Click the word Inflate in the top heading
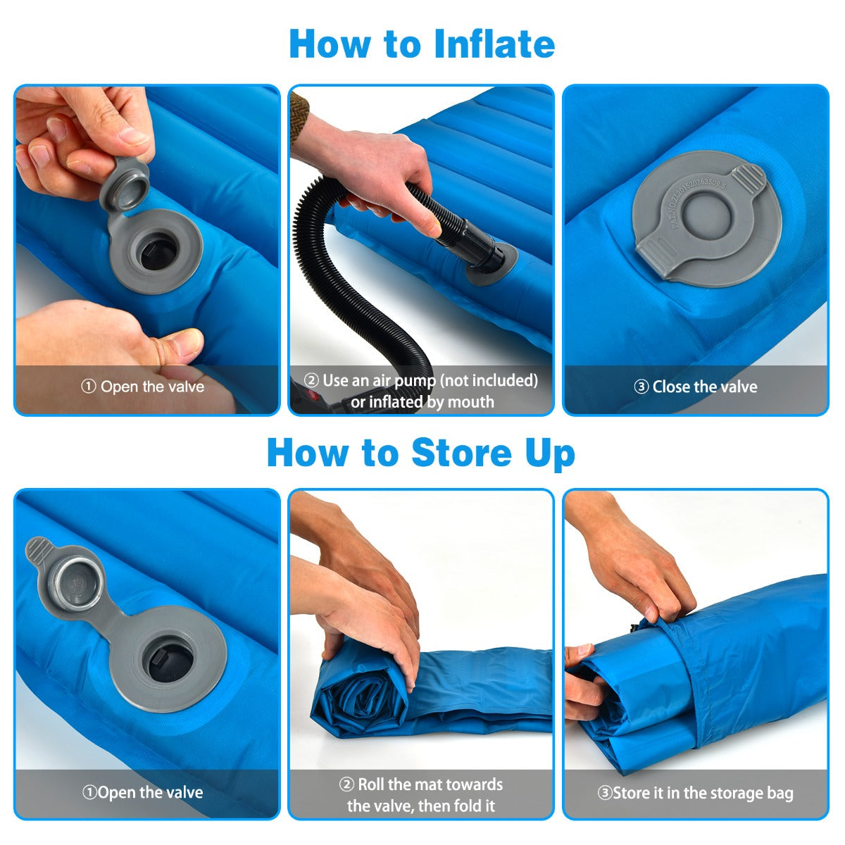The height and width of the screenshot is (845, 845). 494,44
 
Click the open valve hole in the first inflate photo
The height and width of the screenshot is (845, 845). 156,252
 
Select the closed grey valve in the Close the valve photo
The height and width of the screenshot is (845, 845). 706,218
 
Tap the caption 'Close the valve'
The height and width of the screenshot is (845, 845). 696,387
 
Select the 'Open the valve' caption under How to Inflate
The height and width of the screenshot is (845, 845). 143,387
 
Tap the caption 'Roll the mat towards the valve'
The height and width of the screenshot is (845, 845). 421,784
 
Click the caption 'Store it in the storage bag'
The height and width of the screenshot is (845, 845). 696,793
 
